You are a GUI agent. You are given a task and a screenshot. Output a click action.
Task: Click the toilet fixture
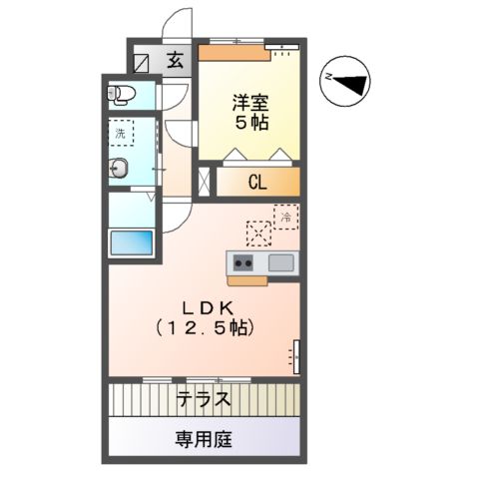[x=122, y=96]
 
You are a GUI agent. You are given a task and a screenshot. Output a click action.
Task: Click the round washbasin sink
[x=119, y=169]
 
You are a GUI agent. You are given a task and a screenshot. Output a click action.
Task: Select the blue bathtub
[x=132, y=243]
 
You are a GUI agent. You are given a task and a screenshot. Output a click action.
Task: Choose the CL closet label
[x=257, y=182]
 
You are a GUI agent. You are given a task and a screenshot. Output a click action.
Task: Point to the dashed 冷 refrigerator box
[x=285, y=217]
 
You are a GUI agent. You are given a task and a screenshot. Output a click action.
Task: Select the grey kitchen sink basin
[x=279, y=263]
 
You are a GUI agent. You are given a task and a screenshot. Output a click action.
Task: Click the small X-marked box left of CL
[x=206, y=182]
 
